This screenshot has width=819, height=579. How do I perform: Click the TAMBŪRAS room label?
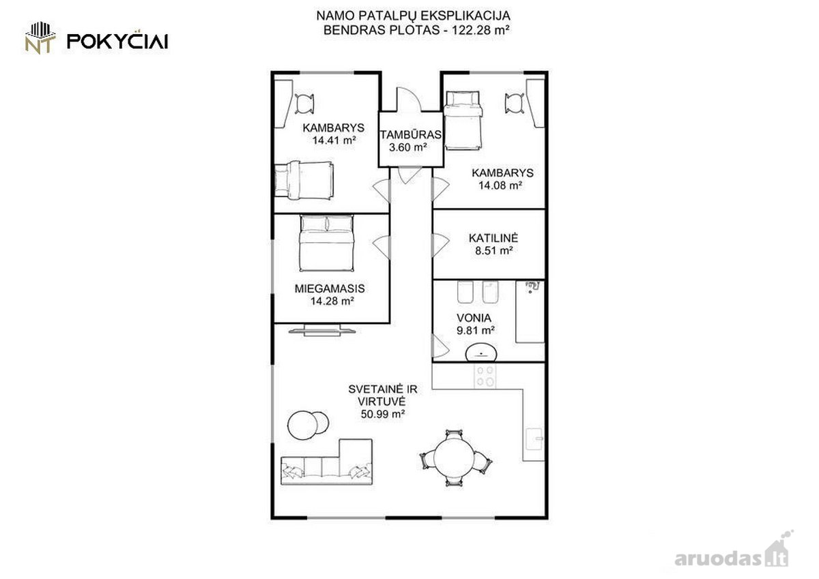pos(411,135)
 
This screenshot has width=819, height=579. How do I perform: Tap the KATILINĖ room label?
pos(493,238)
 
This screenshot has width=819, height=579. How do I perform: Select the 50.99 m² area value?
pos(382,414)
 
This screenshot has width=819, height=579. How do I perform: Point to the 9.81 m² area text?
pos(475,330)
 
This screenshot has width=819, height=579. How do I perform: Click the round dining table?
pos(455,458)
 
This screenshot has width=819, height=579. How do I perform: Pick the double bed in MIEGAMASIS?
pos(326,243)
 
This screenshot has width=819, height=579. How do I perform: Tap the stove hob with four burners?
pos(485,376)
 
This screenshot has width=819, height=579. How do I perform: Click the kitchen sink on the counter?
pos(534,439)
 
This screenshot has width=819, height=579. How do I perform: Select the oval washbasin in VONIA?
pos(481,353)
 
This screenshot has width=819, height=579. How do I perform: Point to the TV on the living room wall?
pos(321,331)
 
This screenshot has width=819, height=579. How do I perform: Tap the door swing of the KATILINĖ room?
pos(440,245)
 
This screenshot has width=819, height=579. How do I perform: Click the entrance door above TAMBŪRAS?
pos(409,100)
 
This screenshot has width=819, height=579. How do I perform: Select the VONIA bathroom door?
pos(440,346)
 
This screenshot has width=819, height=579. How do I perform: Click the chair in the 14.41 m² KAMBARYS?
pos(304,104)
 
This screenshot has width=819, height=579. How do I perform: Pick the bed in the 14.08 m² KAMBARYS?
pos(463,121)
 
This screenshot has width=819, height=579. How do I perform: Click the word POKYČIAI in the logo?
pos(117,41)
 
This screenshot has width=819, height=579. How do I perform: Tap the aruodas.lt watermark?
pos(731,558)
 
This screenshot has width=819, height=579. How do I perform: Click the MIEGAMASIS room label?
pos(330,288)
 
